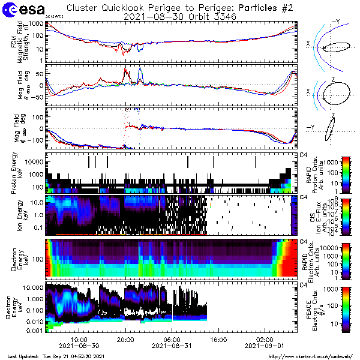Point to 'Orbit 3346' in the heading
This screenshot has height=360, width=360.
[203, 17]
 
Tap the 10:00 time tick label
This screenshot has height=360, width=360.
[79, 339]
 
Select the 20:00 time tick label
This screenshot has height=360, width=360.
[125, 339]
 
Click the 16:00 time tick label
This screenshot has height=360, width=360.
[218, 339]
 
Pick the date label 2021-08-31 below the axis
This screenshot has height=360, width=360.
[172, 346]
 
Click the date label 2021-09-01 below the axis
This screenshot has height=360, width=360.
[265, 346]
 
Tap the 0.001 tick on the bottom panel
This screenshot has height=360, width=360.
[34, 331]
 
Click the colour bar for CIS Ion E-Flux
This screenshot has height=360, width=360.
[346, 215]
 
